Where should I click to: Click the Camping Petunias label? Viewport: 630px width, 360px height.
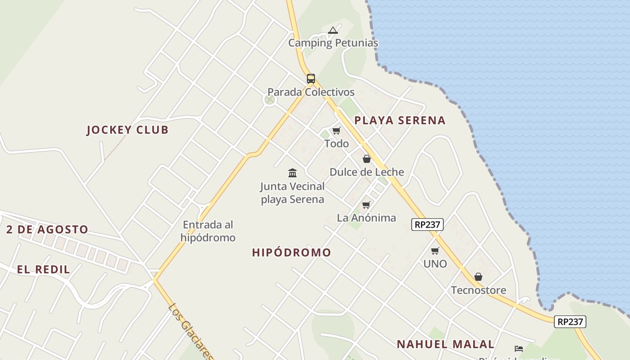click(x=333, y=43)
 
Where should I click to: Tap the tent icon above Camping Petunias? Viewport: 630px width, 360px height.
click(x=333, y=31)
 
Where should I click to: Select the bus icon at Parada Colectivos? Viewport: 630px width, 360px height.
click(x=311, y=79)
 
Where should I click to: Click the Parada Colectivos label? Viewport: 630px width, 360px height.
click(x=311, y=92)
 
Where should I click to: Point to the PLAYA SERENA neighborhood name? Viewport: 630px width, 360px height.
click(x=400, y=121)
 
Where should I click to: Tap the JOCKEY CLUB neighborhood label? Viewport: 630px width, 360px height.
click(x=127, y=130)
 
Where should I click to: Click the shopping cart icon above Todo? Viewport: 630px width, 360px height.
click(x=336, y=131)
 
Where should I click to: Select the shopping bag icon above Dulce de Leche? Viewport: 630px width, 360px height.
click(x=367, y=159)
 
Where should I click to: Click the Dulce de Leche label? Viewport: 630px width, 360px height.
click(x=367, y=172)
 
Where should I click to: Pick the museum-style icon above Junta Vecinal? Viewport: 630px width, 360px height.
click(x=292, y=173)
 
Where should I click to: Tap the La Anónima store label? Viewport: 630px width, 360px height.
click(x=366, y=218)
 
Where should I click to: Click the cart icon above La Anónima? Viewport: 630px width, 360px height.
click(x=366, y=205)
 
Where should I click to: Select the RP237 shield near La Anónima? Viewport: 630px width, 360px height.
click(x=427, y=225)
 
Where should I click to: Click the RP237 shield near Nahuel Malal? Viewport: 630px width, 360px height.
click(x=570, y=322)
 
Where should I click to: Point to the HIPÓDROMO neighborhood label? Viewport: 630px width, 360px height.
click(x=292, y=253)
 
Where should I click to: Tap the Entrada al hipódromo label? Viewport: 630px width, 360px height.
click(x=208, y=231)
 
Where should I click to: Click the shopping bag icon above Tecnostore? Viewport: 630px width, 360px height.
click(x=478, y=277)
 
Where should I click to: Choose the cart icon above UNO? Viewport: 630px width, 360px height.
click(x=435, y=251)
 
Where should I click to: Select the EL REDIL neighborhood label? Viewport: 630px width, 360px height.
click(x=44, y=270)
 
